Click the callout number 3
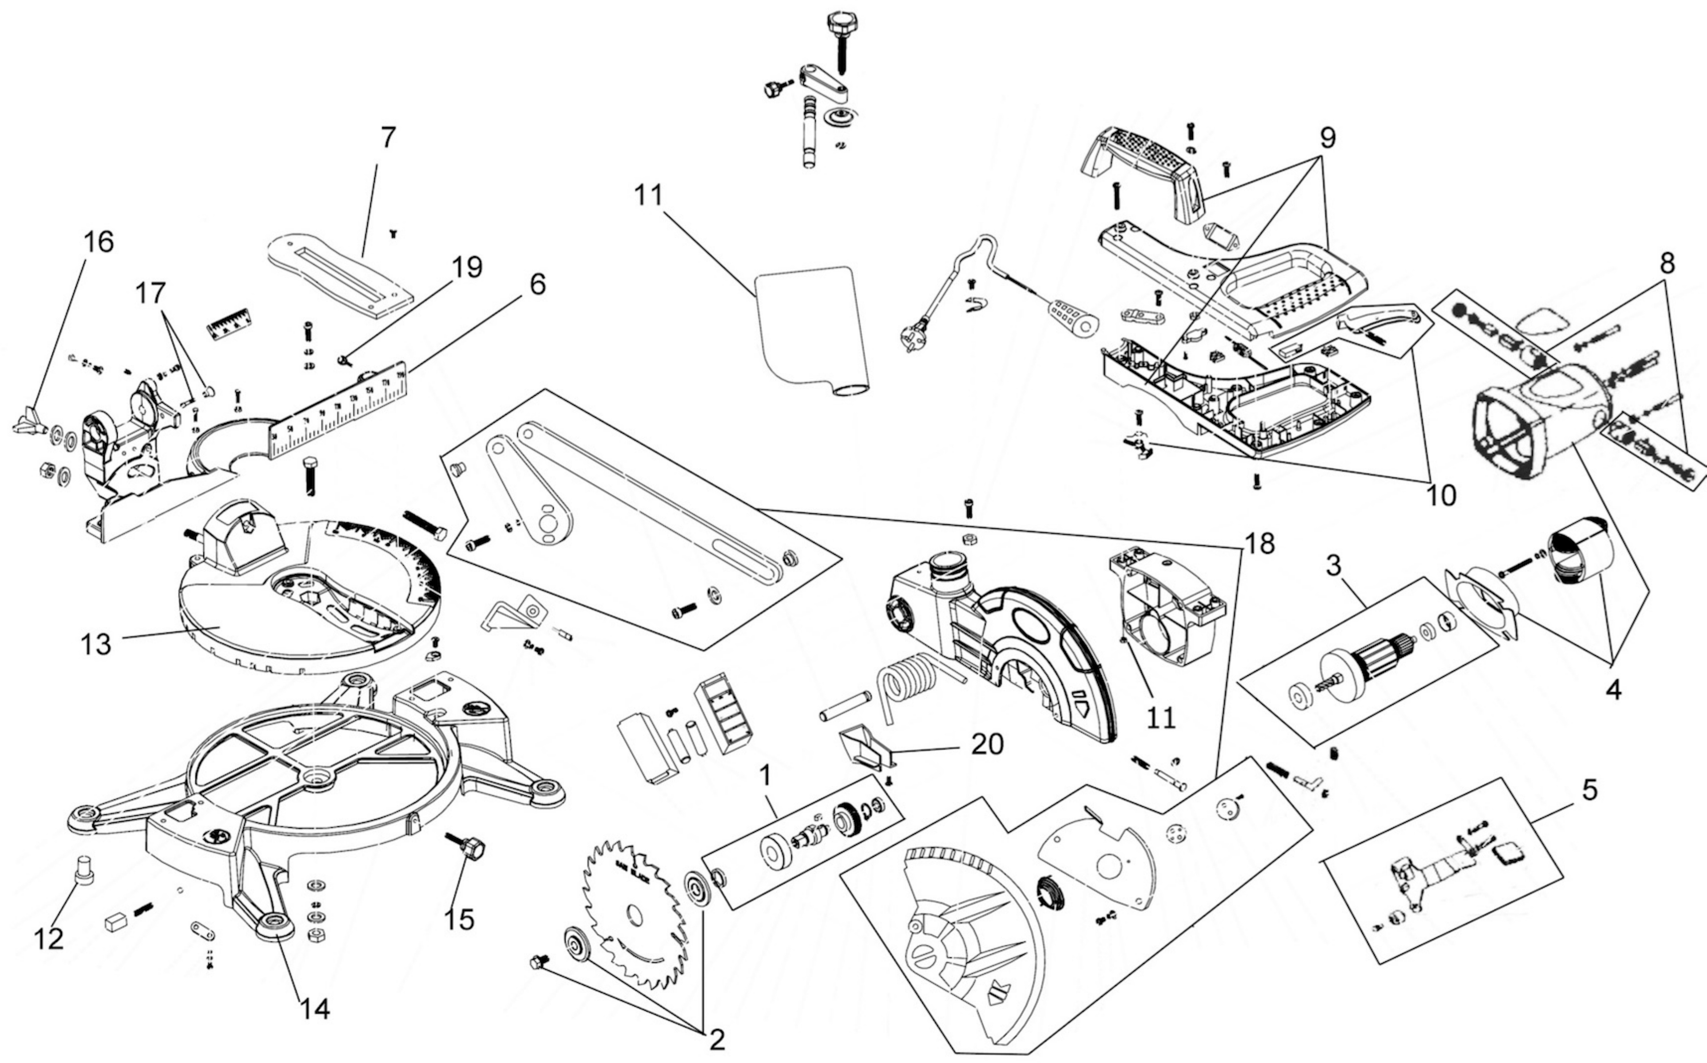(1333, 566)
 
